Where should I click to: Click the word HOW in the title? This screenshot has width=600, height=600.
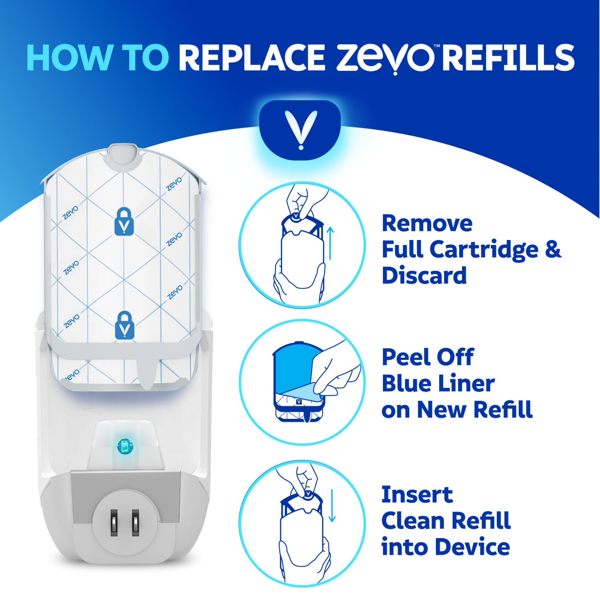click(69, 58)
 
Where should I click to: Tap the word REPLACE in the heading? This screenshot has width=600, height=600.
click(252, 58)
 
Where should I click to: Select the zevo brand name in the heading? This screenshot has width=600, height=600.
click(385, 58)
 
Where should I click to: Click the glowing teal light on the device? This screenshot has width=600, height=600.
click(125, 446)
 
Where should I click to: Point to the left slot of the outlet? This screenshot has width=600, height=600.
click(114, 522)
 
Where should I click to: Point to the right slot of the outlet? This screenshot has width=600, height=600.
click(136, 522)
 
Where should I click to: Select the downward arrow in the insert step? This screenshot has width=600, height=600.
click(332, 506)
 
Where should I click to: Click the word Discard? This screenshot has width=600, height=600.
click(424, 276)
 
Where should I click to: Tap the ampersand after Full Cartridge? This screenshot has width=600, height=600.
click(553, 249)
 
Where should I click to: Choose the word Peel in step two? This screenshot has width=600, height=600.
click(406, 357)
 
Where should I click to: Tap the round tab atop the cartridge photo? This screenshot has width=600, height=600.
click(123, 155)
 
